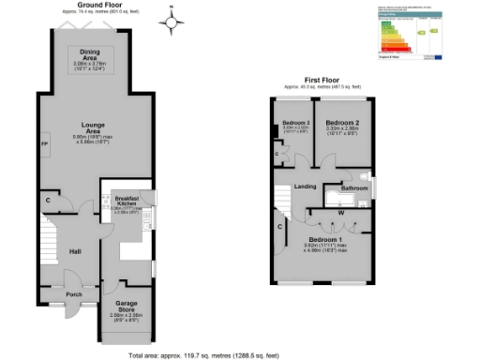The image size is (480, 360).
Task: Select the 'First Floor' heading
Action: point(322,81)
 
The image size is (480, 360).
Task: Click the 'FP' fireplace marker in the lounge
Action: point(43,143)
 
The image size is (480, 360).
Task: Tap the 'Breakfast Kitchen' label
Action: point(127,202)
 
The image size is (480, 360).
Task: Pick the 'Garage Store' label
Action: point(125,306)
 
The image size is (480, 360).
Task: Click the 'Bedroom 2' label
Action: point(343,123)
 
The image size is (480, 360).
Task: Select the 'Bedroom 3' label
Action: point(295,124)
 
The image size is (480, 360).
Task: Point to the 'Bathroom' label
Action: point(353,188)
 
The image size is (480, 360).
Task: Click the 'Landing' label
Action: point(305,187)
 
